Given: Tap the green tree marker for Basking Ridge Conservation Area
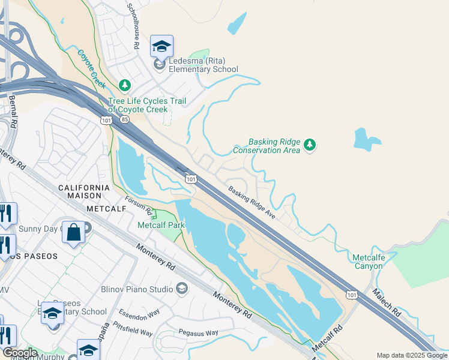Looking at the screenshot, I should pos(310,145).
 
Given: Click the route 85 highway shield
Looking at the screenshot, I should pos(124,120).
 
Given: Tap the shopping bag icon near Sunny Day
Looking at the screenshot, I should pos(73,233).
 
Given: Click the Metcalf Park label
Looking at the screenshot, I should pos(161,225).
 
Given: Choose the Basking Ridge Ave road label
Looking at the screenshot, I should pos(251,202).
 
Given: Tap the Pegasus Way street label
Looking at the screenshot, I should pos(199,332).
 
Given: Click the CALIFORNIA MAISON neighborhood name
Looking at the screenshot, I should pos(85,188).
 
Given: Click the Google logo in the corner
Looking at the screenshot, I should pos(19,353).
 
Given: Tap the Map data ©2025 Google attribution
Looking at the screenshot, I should pos(411,355).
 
